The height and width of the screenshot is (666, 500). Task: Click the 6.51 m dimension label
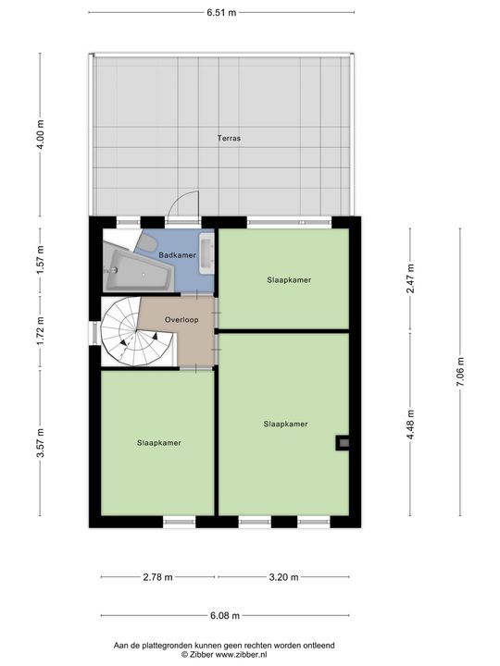221,12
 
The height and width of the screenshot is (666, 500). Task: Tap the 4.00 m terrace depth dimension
41,134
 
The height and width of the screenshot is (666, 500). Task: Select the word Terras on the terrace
229,138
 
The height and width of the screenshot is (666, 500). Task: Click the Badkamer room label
177,255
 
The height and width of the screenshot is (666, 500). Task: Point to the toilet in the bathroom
147,243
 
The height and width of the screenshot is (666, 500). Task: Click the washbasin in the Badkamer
206,253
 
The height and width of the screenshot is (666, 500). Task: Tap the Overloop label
181,320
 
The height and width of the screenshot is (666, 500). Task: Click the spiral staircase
137,332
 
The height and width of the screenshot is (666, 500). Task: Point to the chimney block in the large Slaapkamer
343,443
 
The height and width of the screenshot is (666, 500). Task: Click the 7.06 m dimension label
460,372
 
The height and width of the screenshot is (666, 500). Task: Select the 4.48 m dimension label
410,425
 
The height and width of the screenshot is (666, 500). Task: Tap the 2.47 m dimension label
410,278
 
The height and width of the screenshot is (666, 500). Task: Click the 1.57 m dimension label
41,260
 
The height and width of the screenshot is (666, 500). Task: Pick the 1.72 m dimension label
41,332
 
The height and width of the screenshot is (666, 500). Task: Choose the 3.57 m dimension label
41,443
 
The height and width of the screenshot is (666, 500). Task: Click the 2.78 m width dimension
157,577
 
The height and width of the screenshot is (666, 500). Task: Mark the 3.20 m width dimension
283,577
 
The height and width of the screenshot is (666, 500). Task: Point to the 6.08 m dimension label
225,615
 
